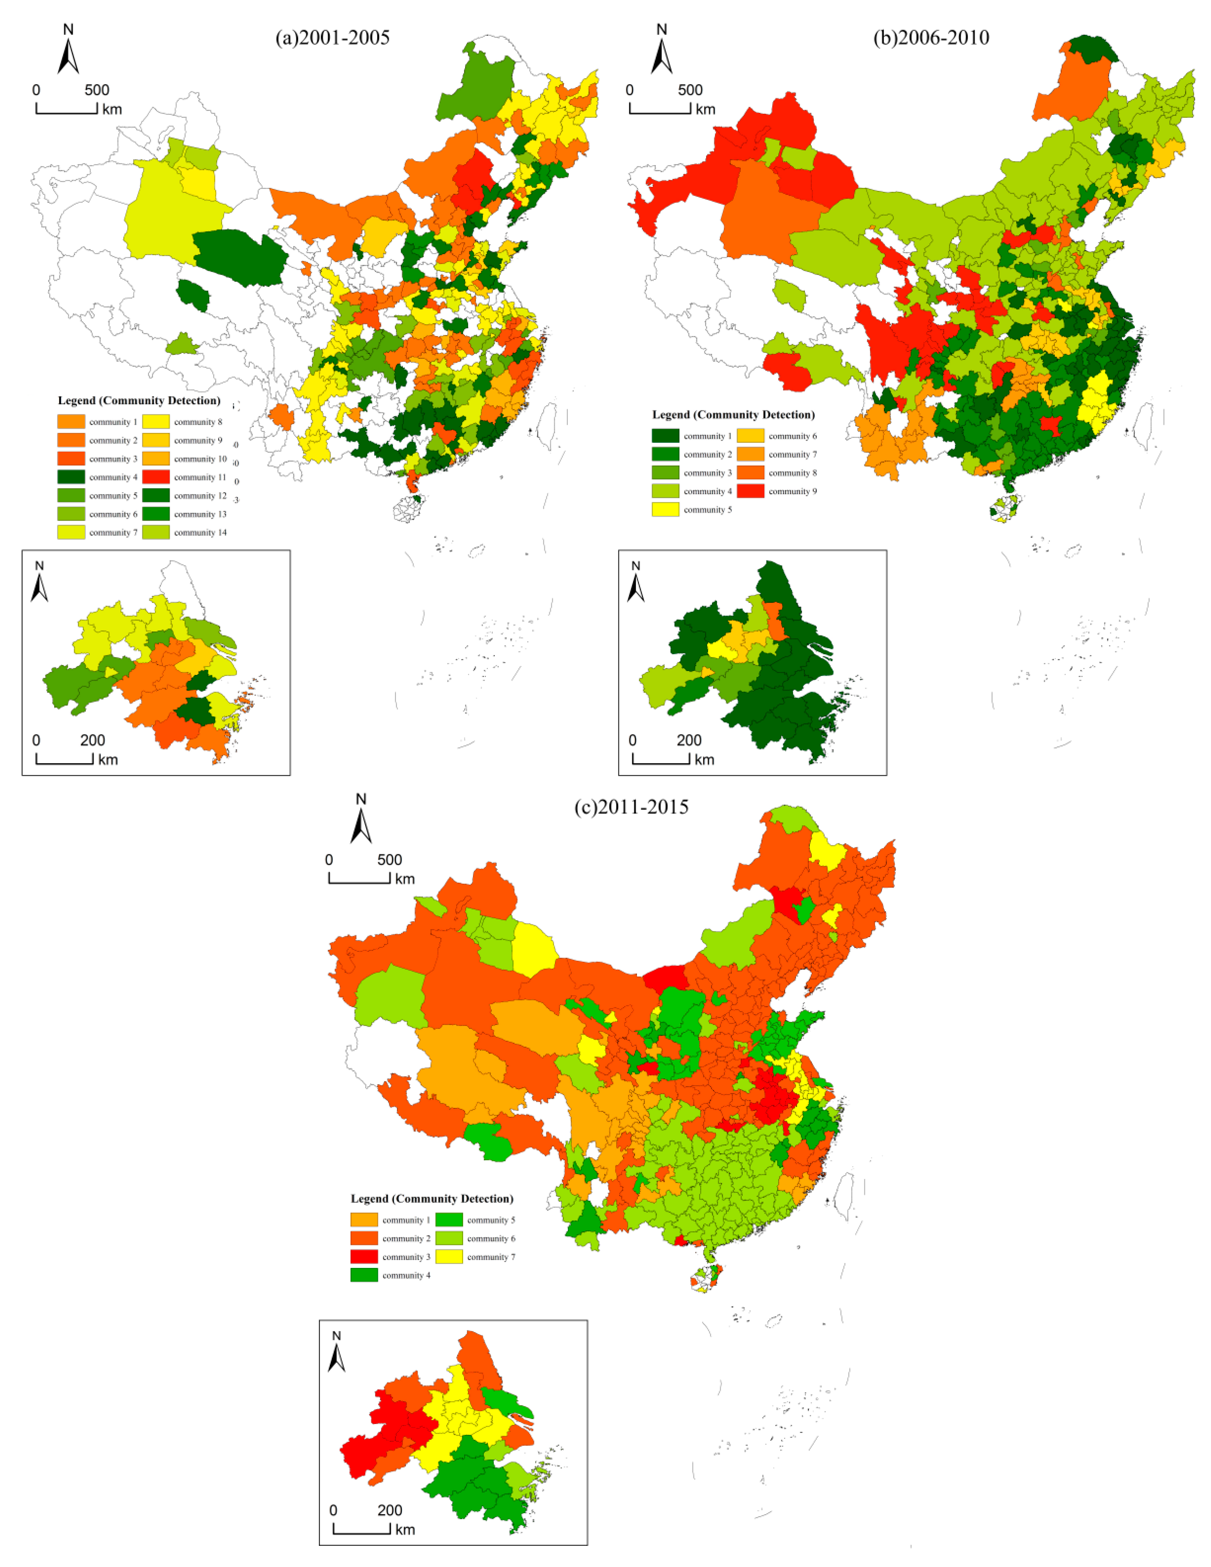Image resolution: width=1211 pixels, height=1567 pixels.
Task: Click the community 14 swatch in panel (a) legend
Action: pyautogui.click(x=156, y=532)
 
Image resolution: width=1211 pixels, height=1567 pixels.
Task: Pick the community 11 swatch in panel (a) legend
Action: pyautogui.click(x=156, y=477)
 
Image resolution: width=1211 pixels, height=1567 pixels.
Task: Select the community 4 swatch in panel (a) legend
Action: pyautogui.click(x=71, y=477)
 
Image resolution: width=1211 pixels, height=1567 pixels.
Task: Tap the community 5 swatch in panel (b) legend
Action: pyautogui.click(x=665, y=510)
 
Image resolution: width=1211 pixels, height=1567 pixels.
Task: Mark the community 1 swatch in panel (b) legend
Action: pyautogui.click(x=665, y=435)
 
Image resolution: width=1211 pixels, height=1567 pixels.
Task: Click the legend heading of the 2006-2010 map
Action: pyautogui.click(x=733, y=415)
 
